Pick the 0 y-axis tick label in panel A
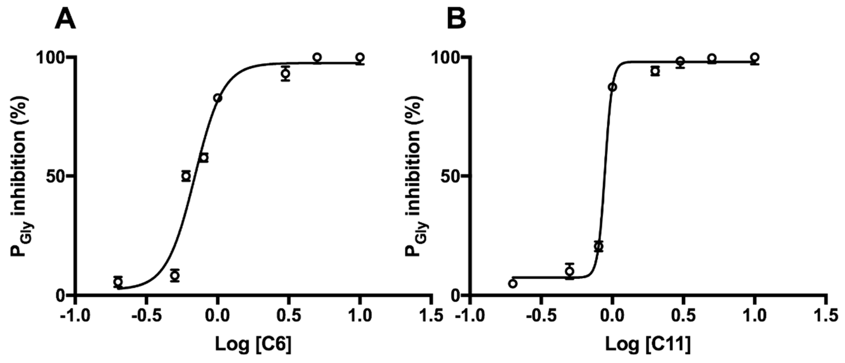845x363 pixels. [x=60, y=295]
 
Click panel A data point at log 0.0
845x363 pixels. [x=218, y=98]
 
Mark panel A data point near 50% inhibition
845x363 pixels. [x=186, y=176]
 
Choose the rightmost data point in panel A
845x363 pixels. [x=360, y=57]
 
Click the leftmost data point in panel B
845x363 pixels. [x=513, y=284]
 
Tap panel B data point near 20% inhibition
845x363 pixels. [x=599, y=246]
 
